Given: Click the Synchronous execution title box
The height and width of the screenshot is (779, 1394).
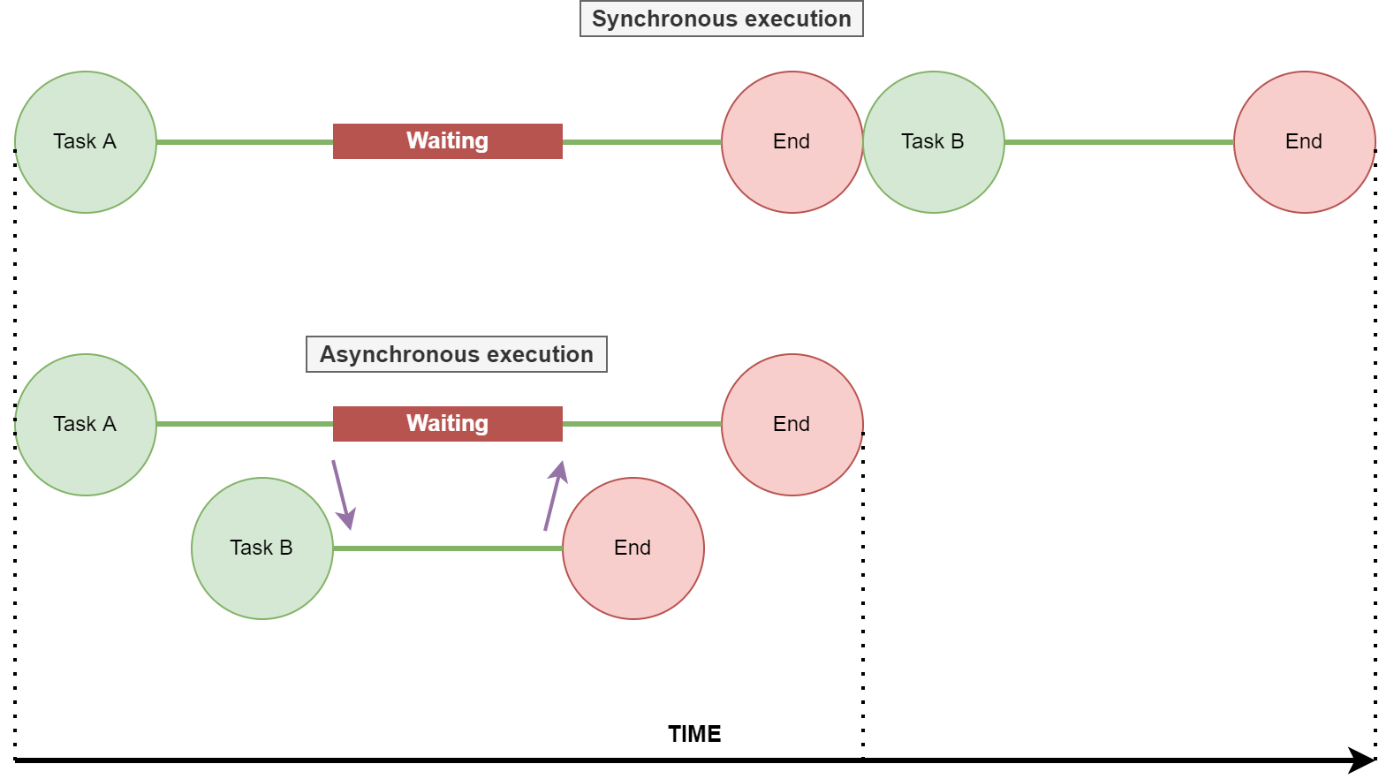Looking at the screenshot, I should tap(721, 19).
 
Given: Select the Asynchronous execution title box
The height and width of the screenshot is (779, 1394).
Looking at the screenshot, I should tap(456, 354).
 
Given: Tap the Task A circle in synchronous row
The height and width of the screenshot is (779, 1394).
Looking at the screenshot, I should tap(86, 142).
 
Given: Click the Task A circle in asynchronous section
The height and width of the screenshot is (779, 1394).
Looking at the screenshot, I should tap(86, 425).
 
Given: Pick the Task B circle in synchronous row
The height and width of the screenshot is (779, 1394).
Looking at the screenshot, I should tap(934, 142).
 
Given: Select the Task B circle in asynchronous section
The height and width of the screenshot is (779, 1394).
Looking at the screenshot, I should tap(262, 548).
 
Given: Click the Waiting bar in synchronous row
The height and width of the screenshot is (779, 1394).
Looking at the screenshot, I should tap(447, 141).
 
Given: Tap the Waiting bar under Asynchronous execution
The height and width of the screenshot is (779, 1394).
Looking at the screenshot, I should tap(447, 424).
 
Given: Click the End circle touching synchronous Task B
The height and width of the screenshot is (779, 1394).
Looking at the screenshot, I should tap(792, 142).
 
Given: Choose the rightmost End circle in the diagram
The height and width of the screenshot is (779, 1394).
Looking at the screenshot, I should tap(1304, 142).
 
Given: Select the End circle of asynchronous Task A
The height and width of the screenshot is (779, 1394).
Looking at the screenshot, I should tap(792, 425).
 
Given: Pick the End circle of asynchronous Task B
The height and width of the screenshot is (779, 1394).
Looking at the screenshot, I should tap(633, 548).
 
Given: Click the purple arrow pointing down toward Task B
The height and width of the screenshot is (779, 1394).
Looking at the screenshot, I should tap(342, 494).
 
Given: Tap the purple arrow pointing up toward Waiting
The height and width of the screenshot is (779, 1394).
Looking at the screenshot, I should tap(554, 495).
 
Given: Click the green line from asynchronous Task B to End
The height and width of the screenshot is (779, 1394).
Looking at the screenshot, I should tap(447, 548).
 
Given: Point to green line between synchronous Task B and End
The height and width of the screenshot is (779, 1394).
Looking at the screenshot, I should tap(1118, 142).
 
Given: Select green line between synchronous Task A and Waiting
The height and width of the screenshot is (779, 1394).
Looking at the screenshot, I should tap(244, 142).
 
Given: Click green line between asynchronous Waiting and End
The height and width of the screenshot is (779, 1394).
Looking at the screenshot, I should tap(641, 425).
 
